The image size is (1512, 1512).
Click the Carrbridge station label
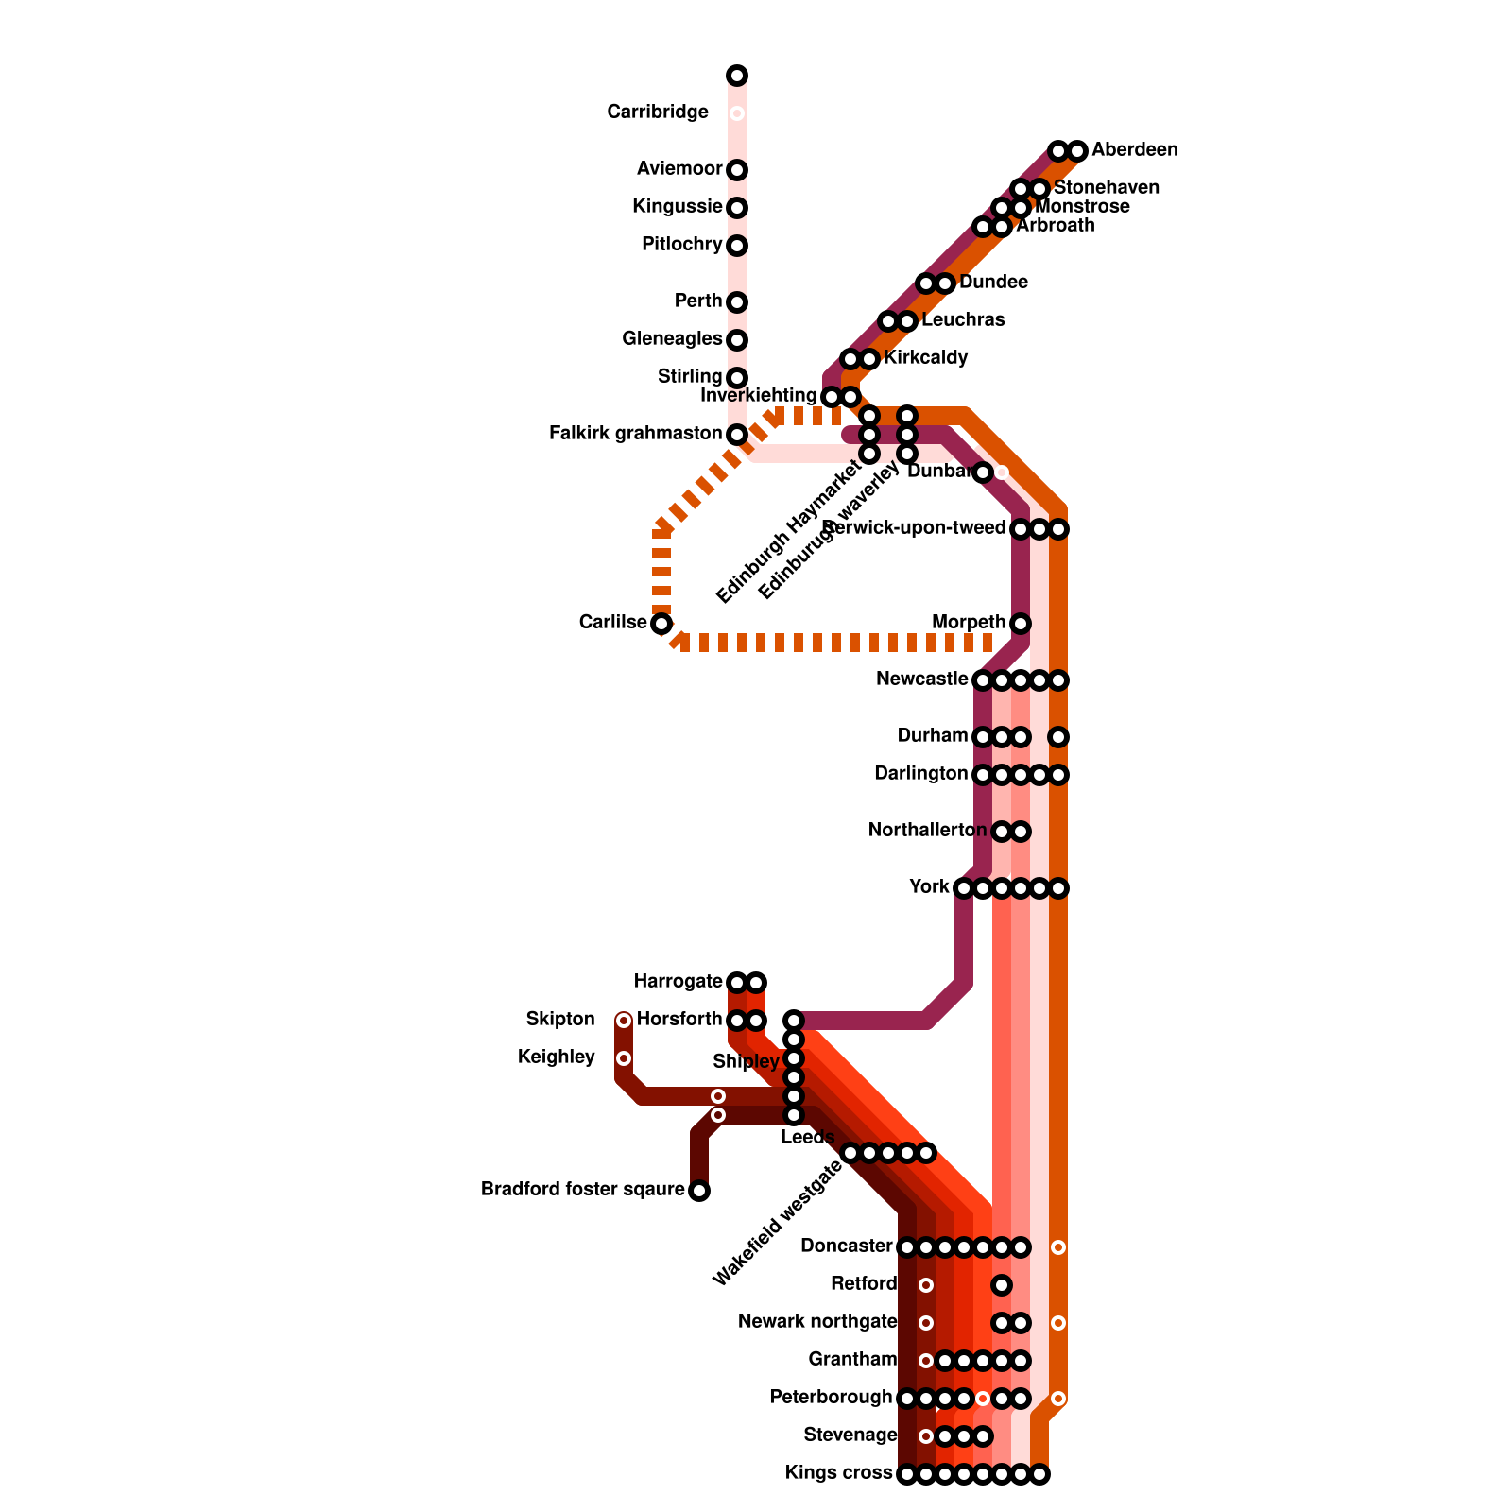(658, 112)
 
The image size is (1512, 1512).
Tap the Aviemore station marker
(737, 170)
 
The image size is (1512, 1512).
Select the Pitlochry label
(681, 245)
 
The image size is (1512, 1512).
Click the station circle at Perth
(737, 302)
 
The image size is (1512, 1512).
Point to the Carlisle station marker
(661, 624)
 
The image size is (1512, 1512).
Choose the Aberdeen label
(1134, 150)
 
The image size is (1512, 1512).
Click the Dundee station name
(993, 283)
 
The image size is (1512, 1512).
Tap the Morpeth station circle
(1021, 624)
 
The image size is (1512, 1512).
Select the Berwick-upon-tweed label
(914, 527)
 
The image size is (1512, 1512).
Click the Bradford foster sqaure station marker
(699, 1191)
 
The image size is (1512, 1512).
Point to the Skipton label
(560, 1020)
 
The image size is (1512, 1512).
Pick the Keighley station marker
(624, 1058)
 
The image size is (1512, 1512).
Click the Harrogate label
(678, 982)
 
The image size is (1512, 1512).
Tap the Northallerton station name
(928, 831)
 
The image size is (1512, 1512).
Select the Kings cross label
(838, 1473)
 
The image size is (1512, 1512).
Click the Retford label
(864, 1284)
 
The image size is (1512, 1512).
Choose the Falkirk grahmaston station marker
(737, 435)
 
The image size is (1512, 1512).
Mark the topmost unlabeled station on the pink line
(737, 76)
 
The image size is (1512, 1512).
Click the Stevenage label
(850, 1435)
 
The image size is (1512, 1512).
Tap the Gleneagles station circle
(737, 340)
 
